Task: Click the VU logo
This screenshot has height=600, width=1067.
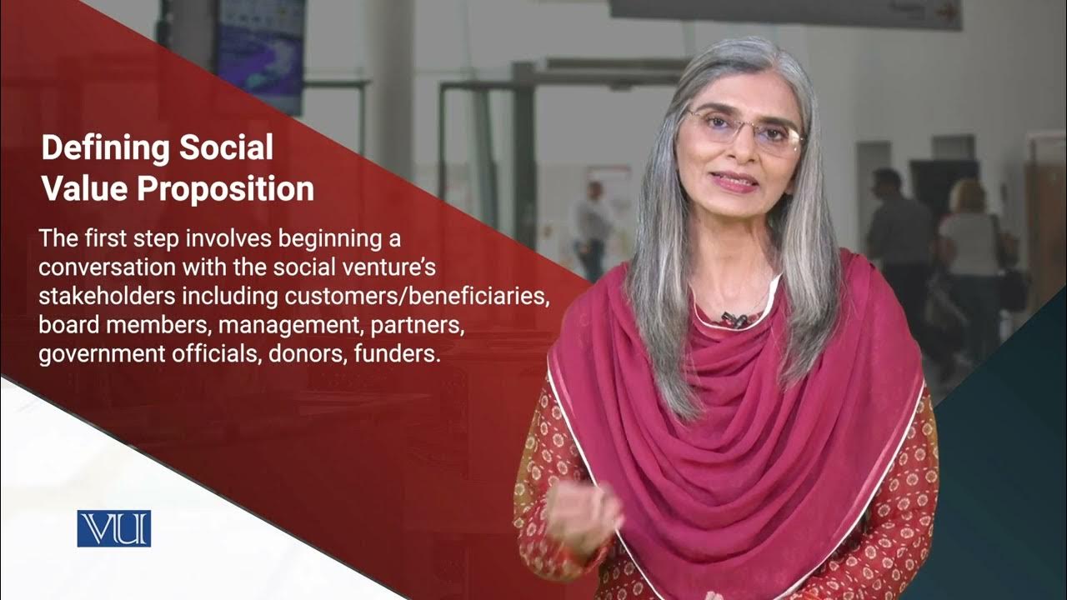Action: [113, 528]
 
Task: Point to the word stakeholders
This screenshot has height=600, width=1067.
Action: [104, 297]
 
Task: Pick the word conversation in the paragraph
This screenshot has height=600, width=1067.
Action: [104, 268]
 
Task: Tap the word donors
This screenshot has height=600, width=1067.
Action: [308, 353]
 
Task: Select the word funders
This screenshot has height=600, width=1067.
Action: [396, 353]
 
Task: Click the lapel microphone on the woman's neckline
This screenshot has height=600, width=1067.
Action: [734, 319]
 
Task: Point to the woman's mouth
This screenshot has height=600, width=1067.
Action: [734, 181]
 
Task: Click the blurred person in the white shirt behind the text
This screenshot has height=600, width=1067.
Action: [593, 225]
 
